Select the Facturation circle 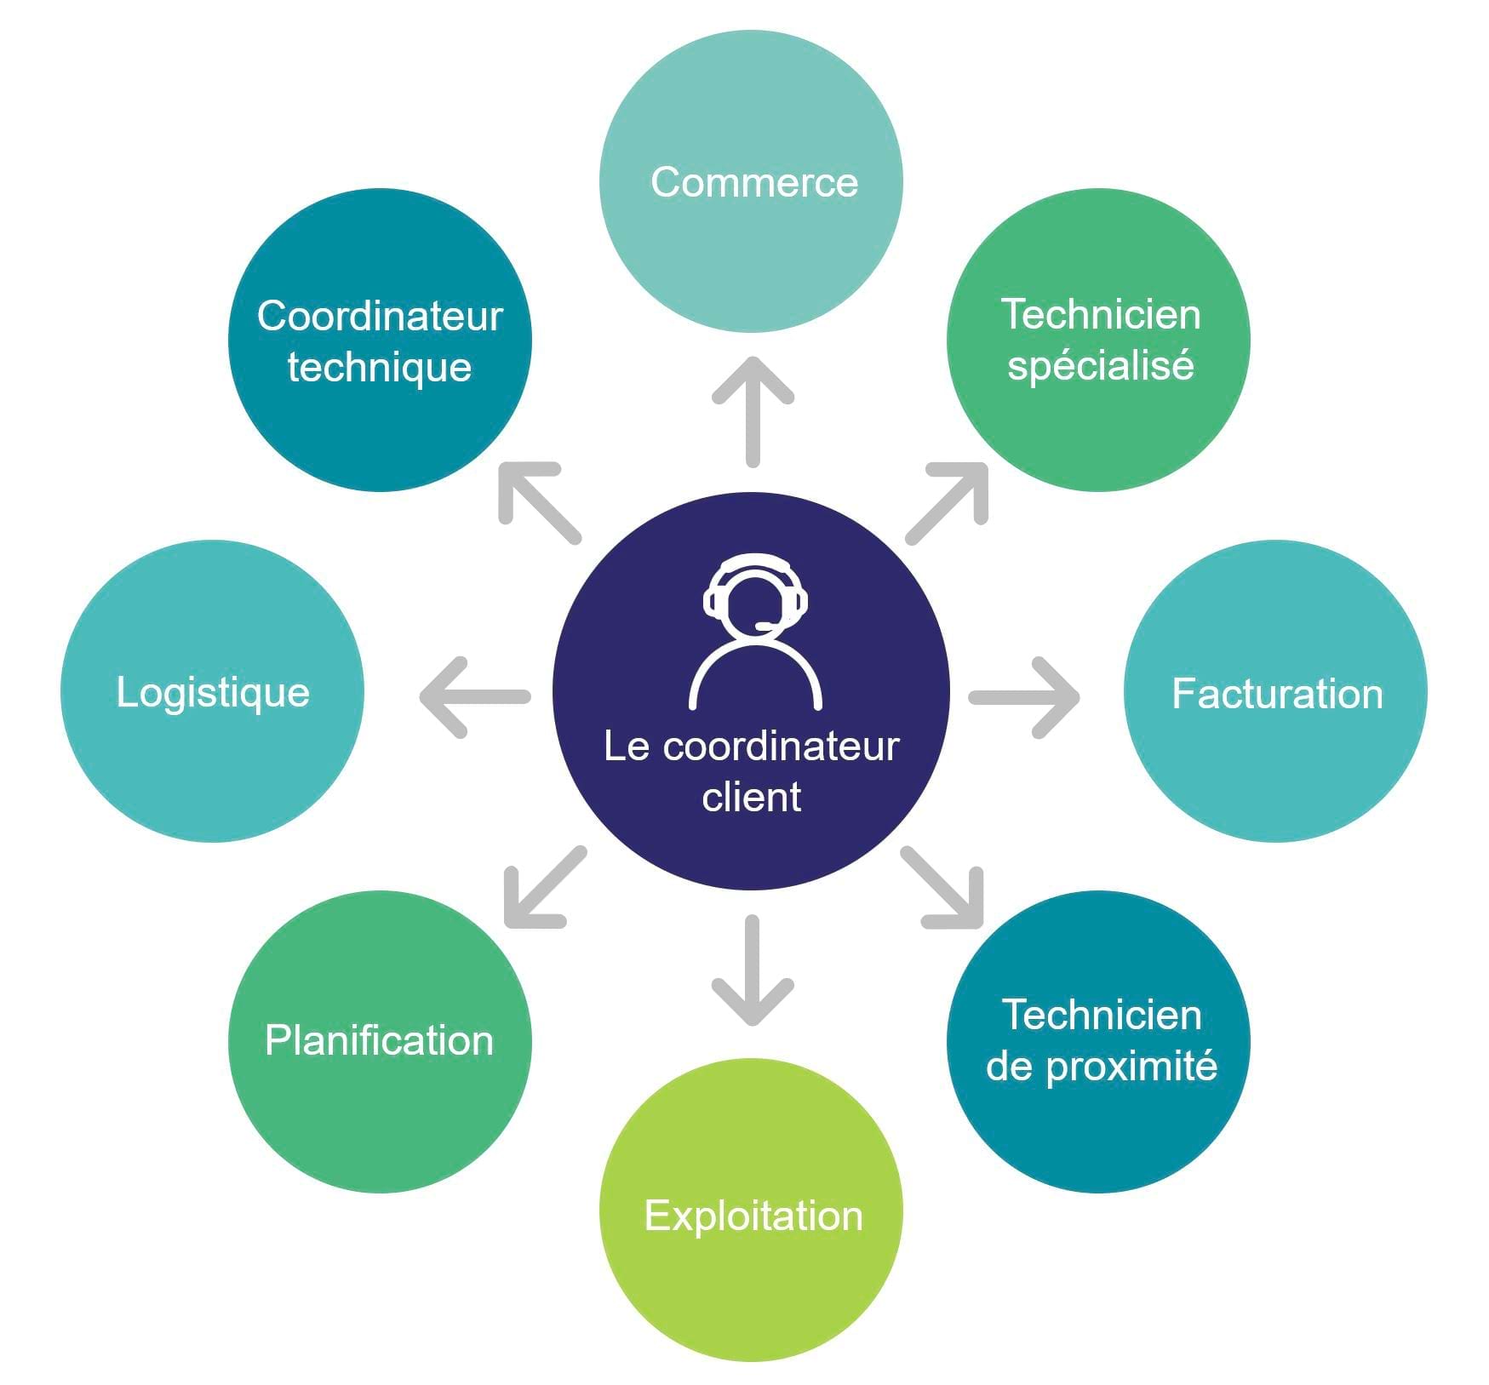coord(1275,691)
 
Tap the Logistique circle coord(213,691)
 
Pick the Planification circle coord(380,1041)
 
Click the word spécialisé coord(1100,366)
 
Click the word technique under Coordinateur coord(380,368)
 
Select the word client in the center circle coord(752,798)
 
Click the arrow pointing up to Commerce coord(753,410)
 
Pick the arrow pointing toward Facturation coord(1025,697)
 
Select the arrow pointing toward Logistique coord(475,697)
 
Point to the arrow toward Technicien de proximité coord(943,887)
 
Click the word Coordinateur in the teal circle coord(380,316)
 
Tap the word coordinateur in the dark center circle coord(781,747)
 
